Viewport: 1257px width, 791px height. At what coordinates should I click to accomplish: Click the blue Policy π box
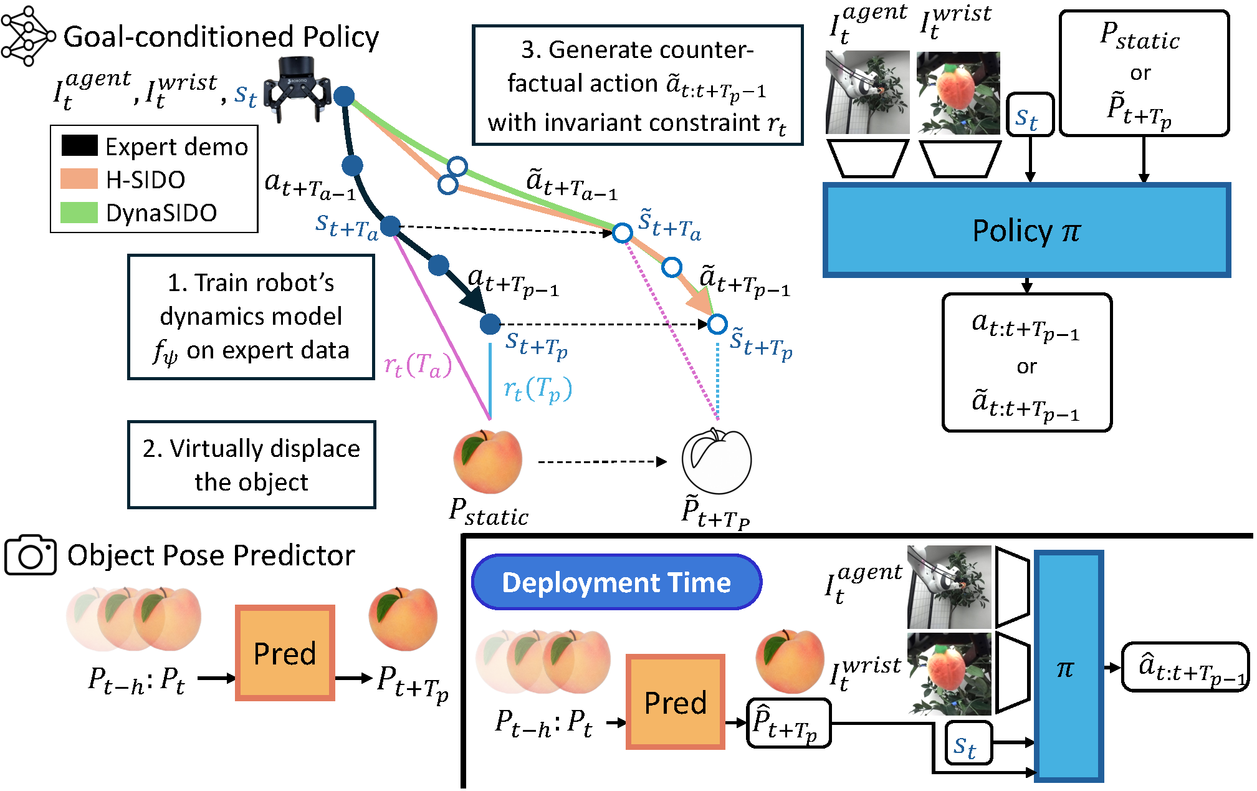point(1026,230)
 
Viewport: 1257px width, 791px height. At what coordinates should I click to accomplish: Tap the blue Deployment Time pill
point(616,582)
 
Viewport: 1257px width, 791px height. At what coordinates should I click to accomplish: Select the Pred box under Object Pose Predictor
point(285,653)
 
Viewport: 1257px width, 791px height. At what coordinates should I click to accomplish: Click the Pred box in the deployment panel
point(676,702)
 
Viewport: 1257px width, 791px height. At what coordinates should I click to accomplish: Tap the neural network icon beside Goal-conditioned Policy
point(27,36)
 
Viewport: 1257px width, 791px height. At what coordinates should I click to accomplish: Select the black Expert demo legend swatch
point(79,145)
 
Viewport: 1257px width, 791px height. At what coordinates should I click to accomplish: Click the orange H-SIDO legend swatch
point(79,179)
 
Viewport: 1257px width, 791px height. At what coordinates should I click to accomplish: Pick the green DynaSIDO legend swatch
point(79,213)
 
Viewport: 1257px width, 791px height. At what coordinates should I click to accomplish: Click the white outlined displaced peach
point(717,461)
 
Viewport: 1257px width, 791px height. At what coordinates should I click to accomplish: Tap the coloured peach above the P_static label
point(488,461)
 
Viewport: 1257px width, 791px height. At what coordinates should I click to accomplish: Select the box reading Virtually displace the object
point(251,465)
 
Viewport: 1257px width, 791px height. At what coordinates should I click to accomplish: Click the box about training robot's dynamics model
point(251,317)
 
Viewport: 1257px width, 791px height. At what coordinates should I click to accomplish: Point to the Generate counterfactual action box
point(638,85)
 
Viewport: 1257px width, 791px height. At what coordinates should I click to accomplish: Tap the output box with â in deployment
point(1185,667)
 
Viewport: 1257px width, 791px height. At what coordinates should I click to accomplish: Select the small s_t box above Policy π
point(1030,115)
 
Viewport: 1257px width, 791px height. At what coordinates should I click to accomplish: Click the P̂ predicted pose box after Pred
point(789,723)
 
